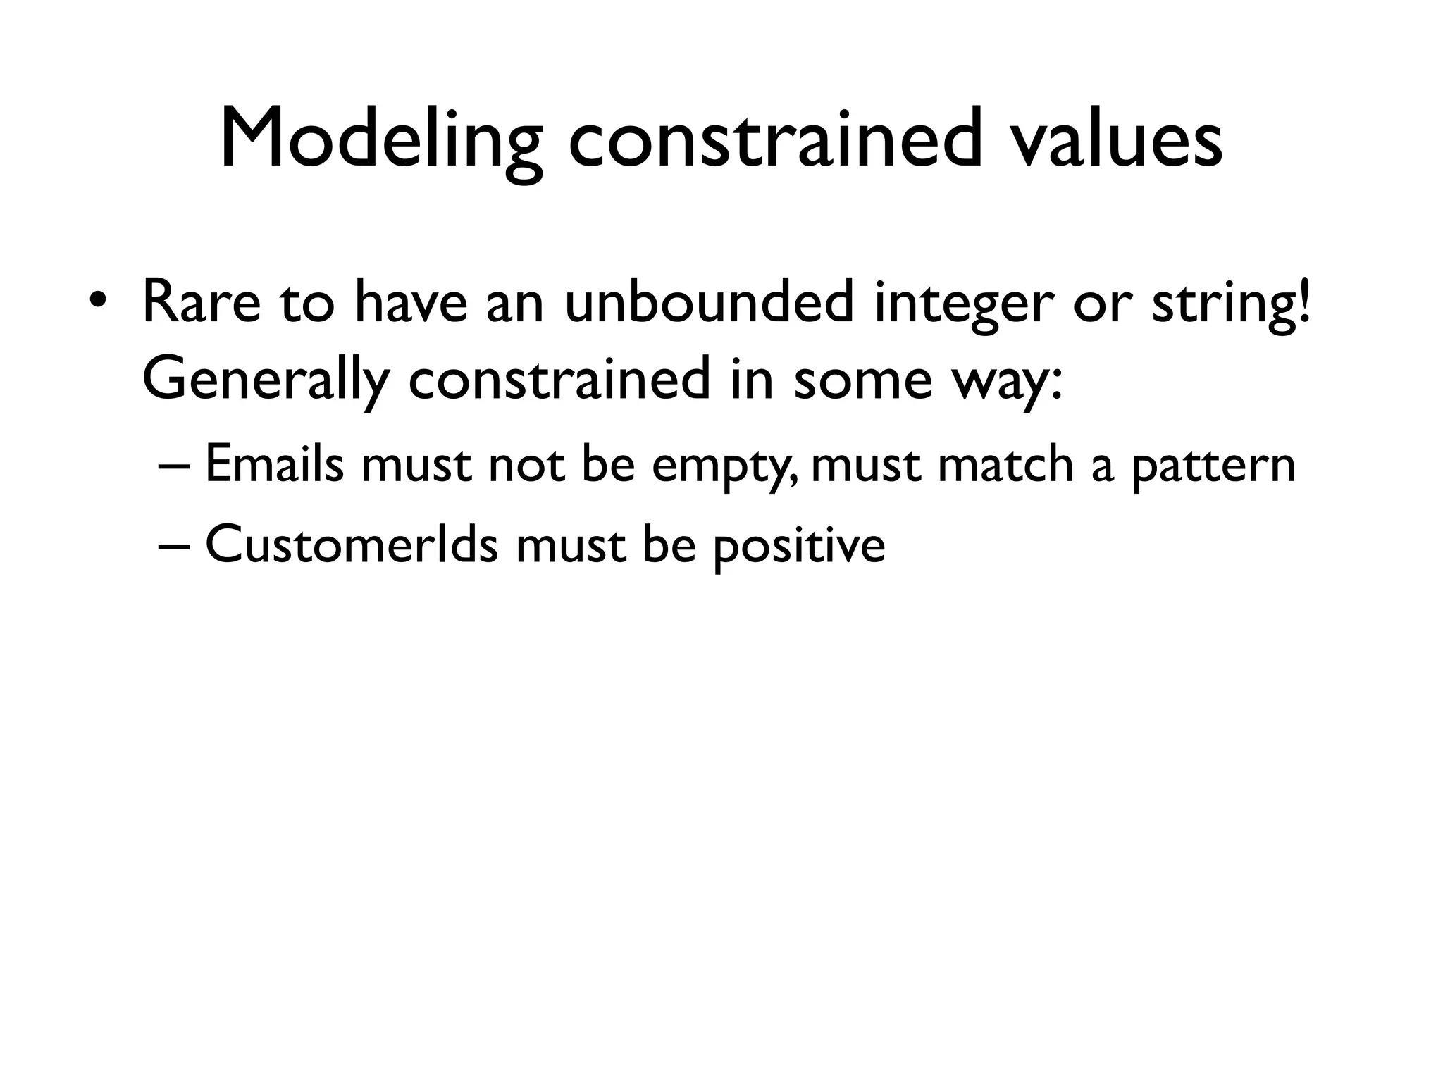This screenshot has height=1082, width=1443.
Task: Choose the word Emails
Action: [275, 465]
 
